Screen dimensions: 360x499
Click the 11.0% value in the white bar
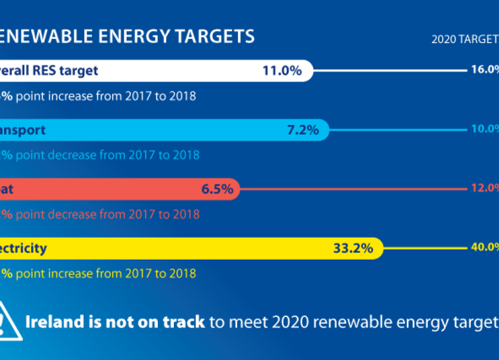281,70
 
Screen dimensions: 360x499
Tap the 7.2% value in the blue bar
303,130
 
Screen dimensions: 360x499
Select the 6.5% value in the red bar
217,189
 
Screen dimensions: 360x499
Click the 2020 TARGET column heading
465,39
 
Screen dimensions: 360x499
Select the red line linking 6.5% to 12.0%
353,189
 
